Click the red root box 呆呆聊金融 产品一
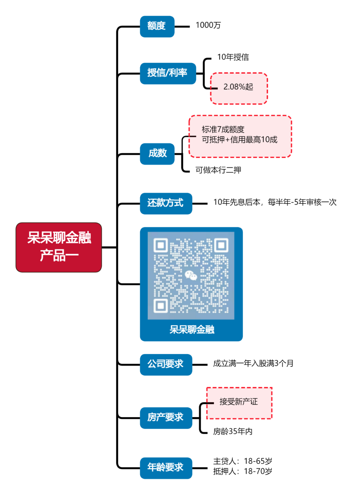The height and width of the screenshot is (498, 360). click(59, 247)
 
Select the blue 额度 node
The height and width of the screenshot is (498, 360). click(157, 26)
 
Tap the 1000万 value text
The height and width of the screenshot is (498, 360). click(208, 25)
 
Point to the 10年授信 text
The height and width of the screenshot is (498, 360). click(233, 57)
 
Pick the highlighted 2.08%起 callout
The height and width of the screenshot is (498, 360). click(238, 87)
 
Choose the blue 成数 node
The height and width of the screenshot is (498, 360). click(157, 154)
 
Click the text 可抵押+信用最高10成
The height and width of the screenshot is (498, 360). click(239, 140)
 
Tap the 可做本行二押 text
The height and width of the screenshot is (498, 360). click(218, 170)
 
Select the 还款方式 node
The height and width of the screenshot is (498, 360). click(166, 203)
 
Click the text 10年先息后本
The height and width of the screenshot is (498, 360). click(237, 202)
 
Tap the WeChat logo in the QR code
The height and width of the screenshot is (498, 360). click(191, 275)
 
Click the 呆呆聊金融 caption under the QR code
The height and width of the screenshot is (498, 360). click(192, 330)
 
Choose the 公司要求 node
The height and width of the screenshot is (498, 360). click(166, 364)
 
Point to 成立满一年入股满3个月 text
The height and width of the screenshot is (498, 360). click(253, 363)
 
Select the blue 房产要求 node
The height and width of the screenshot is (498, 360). click(166, 418)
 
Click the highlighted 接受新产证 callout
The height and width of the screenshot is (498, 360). click(239, 402)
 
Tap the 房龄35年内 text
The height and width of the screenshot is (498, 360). click(233, 432)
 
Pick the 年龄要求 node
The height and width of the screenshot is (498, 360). click(166, 468)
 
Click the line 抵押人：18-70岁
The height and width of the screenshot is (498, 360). click(243, 471)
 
